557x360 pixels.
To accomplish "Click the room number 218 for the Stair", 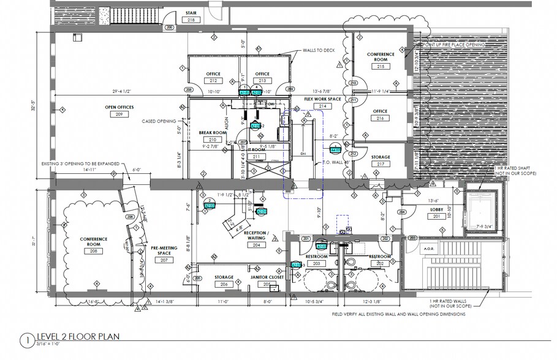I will (192, 20).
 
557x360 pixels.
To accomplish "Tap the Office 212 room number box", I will (214, 81).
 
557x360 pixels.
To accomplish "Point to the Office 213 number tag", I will (262, 81).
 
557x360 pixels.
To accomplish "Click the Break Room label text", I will (213, 132).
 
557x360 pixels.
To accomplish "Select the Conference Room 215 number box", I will (381, 66).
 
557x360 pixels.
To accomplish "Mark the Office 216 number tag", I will (381, 118).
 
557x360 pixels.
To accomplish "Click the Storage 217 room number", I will (381, 163).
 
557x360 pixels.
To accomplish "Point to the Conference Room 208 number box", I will (93, 251).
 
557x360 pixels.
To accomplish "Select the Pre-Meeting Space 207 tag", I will (163, 260).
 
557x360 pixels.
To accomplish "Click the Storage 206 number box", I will (224, 284).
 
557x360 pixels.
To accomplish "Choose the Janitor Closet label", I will (267, 277).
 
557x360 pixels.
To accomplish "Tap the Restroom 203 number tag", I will (317, 263).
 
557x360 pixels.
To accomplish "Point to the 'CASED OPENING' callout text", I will (158, 120).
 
